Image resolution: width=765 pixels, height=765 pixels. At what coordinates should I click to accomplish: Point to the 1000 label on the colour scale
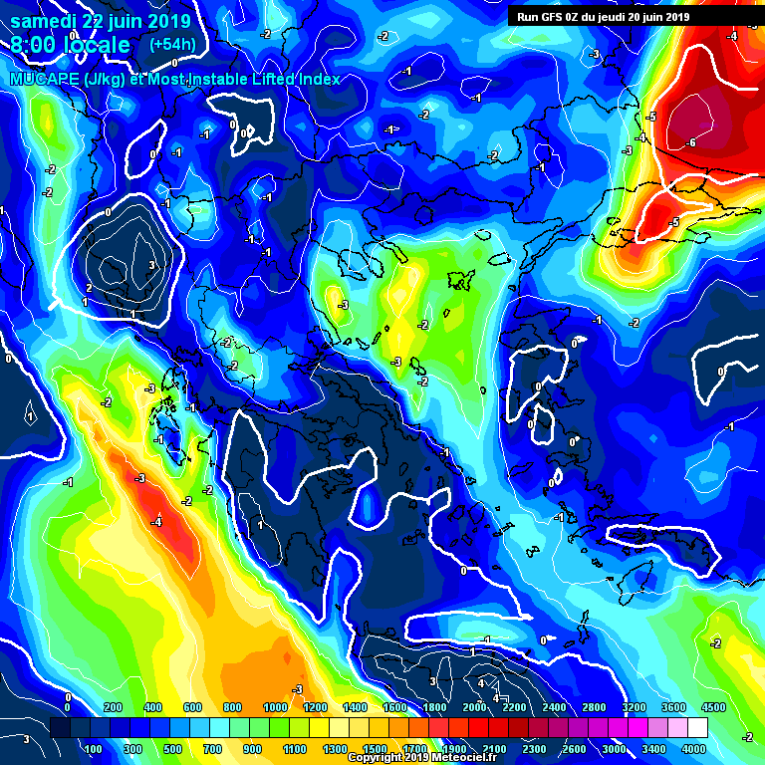(275, 707)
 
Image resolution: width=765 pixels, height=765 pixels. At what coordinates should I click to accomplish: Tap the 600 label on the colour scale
(193, 707)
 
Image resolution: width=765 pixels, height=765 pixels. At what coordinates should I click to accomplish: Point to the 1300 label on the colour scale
(336, 748)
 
